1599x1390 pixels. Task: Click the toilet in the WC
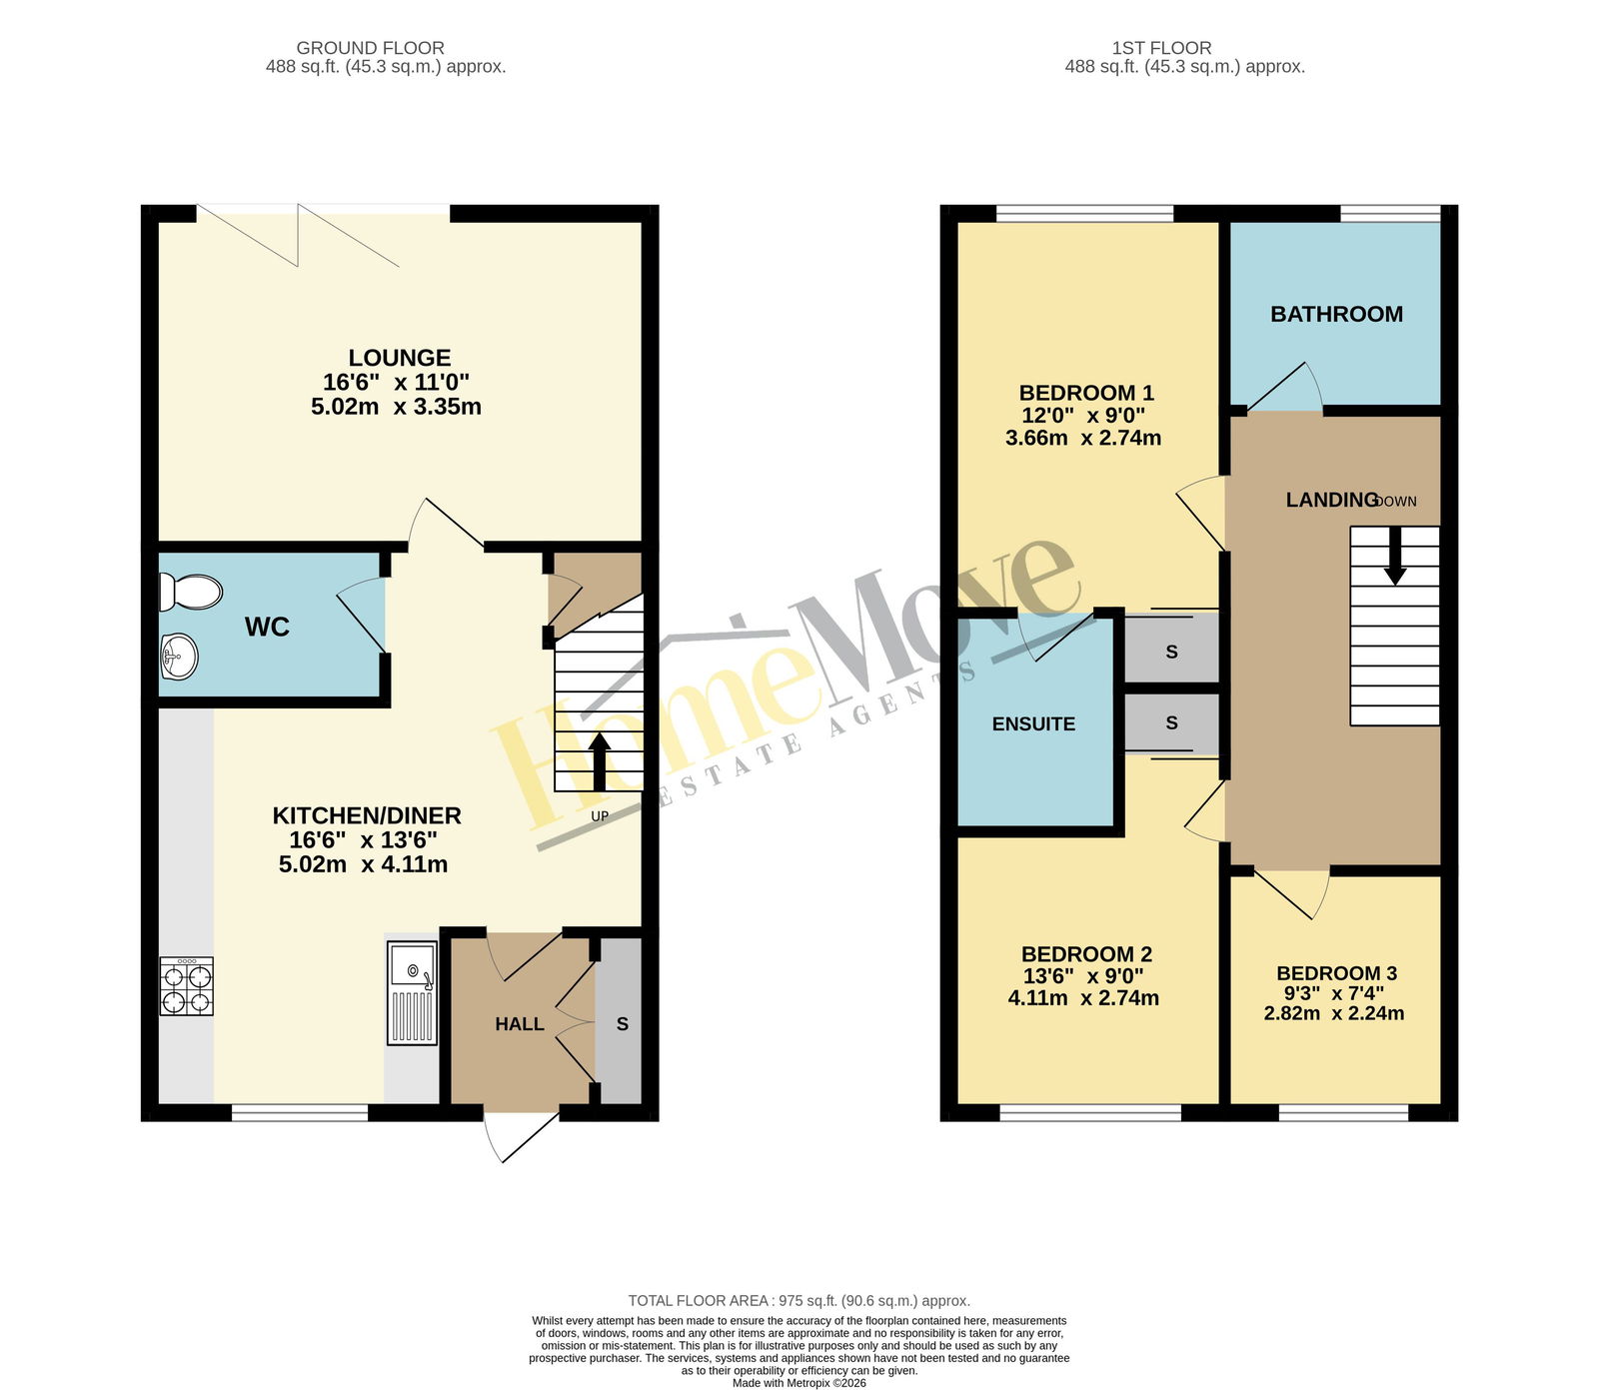point(190,592)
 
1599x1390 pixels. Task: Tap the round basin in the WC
point(179,658)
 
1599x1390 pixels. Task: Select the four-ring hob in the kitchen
point(187,986)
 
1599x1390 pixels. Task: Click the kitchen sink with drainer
point(412,993)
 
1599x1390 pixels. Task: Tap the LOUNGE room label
point(400,358)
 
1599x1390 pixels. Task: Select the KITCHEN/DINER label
point(367,815)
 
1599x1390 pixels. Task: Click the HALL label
point(520,1024)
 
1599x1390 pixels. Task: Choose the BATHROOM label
point(1336,314)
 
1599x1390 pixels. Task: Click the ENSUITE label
point(1033,723)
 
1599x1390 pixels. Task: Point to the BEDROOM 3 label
point(1336,973)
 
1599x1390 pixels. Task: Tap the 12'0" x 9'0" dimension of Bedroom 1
point(1082,415)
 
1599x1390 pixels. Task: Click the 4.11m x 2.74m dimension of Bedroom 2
point(1083,997)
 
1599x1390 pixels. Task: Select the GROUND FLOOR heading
point(371,48)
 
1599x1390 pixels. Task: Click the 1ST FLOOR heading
point(1161,48)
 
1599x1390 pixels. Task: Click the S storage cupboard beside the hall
point(622,1023)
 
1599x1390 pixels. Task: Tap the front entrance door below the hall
point(520,1136)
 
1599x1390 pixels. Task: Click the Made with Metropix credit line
point(799,1383)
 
